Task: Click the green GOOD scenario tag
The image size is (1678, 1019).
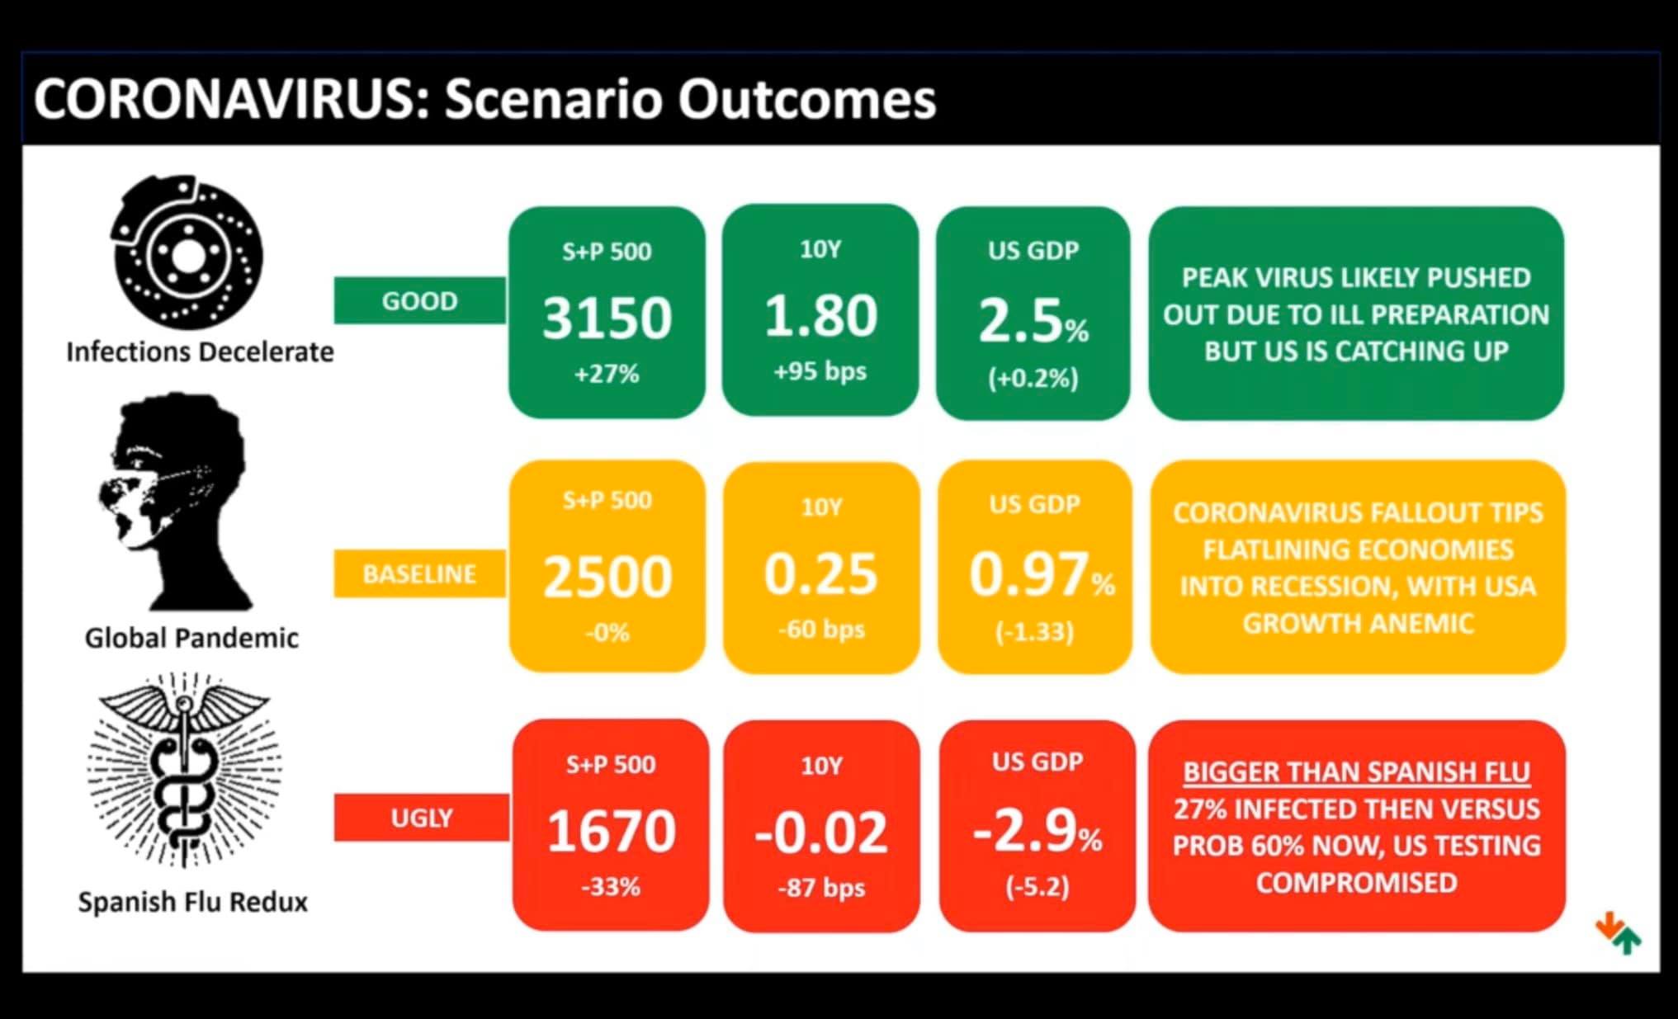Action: pos(419,300)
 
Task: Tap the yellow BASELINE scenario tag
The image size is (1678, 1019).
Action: pos(419,573)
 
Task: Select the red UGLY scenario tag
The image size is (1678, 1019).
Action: pos(421,818)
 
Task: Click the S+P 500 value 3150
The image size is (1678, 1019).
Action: pos(607,318)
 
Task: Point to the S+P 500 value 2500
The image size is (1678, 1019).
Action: pos(607,576)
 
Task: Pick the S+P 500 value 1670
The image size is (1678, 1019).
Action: pos(611,831)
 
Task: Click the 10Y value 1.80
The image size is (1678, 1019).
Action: pos(820,316)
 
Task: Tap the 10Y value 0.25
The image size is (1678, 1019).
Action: pos(820,573)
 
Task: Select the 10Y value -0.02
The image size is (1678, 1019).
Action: pos(821,832)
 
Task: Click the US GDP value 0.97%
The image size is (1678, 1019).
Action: pos(1042,574)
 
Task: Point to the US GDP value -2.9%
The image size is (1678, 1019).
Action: pos(1038,831)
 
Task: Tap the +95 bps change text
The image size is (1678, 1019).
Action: pos(820,371)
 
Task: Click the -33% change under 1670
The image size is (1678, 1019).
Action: pos(611,887)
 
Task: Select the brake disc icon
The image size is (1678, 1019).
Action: pos(187,252)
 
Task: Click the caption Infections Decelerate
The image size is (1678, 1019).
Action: pos(200,352)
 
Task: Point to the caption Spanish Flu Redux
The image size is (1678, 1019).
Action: pos(192,902)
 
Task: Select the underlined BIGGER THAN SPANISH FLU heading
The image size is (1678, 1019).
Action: pos(1356,772)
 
